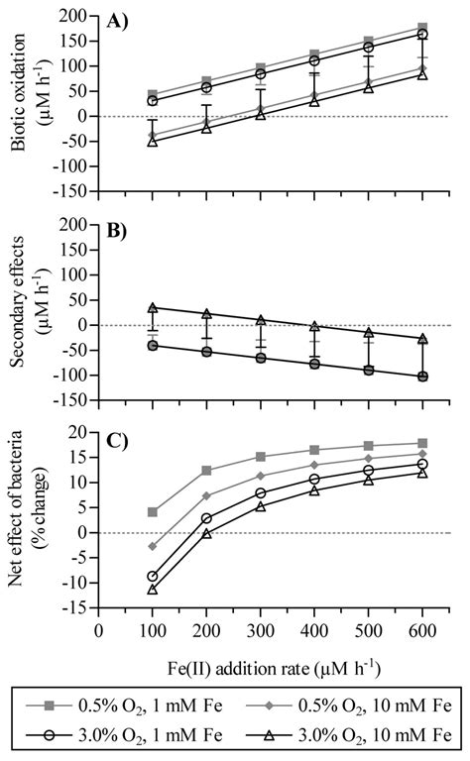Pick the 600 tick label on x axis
tap(422, 629)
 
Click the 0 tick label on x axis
tap(98, 629)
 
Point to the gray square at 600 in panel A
tap(422, 28)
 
